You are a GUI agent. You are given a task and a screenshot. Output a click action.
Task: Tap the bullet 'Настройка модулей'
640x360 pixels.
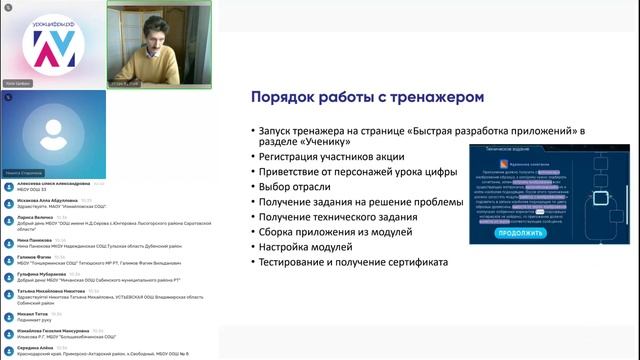pos(302,247)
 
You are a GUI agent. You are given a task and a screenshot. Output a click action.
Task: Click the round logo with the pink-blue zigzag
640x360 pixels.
pos(53,44)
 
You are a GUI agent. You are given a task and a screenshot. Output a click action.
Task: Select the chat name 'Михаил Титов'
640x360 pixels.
pos(33,313)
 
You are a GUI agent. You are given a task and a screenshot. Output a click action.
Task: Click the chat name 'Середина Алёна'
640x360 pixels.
pos(36,347)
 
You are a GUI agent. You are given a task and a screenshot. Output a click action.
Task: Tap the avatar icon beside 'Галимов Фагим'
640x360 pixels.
pos(9,259)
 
